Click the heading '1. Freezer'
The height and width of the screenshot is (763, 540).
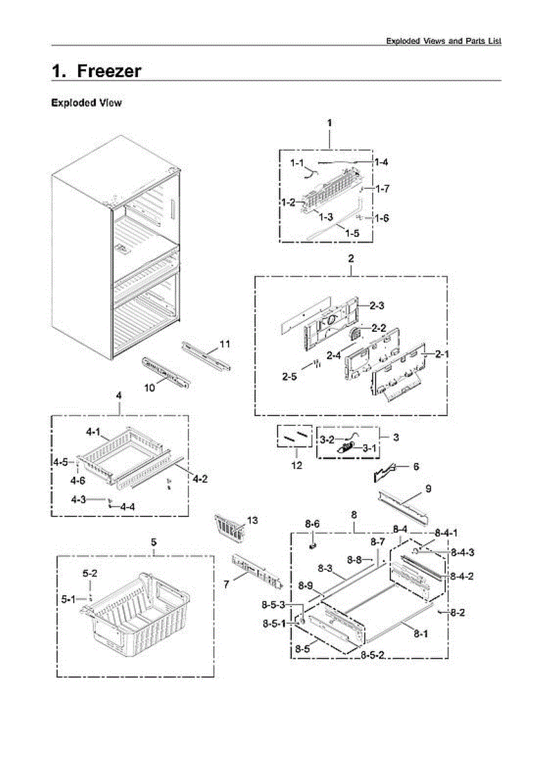pos(96,71)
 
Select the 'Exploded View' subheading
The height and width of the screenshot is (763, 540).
pos(86,102)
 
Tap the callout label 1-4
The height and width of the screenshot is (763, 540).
pos(381,162)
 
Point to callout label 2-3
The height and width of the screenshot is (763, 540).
pos(377,306)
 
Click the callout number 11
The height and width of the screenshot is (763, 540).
pos(225,344)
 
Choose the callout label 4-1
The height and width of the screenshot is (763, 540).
pos(93,432)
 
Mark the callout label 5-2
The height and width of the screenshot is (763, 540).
pos(90,573)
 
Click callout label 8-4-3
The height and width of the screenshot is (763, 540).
pos(462,553)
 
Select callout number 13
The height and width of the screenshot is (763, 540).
pos(253,520)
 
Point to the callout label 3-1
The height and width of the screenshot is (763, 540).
pos(370,448)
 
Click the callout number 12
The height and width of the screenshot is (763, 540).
pos(296,465)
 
